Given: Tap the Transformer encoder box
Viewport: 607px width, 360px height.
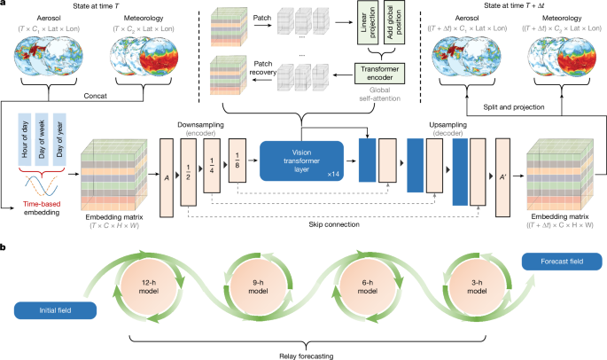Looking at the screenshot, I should point(379,73).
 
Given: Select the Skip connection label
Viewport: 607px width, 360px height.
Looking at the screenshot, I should point(305,224).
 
